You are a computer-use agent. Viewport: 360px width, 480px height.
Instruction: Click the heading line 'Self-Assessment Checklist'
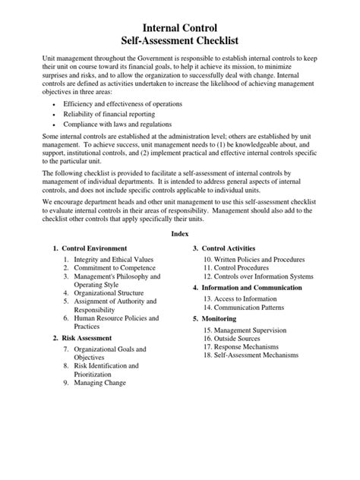[x=179, y=43]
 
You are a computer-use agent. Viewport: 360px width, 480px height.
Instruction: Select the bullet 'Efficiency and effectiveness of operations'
[x=123, y=103]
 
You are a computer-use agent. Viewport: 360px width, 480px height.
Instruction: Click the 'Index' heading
[x=179, y=235]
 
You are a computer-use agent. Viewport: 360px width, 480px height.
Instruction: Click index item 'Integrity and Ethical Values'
[x=113, y=259]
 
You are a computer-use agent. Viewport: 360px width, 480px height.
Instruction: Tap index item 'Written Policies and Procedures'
[x=256, y=259]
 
